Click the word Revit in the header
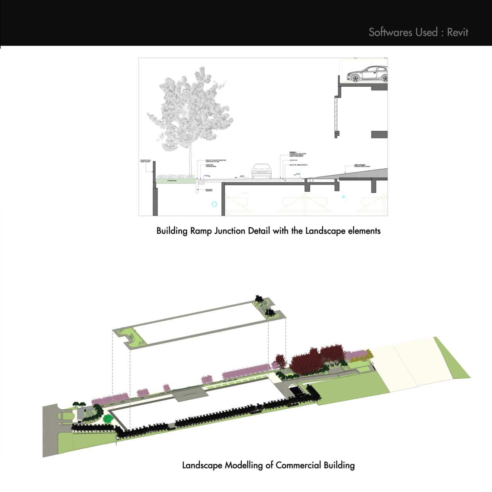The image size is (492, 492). (458, 32)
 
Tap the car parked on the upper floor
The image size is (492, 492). (367, 74)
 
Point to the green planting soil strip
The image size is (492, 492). (174, 180)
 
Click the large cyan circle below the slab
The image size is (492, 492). (214, 204)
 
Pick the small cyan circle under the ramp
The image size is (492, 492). (343, 197)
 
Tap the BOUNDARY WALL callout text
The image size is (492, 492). (145, 161)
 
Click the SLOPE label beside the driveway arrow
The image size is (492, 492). (242, 176)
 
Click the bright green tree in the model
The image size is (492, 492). (108, 419)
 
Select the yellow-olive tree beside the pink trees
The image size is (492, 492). (368, 354)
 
